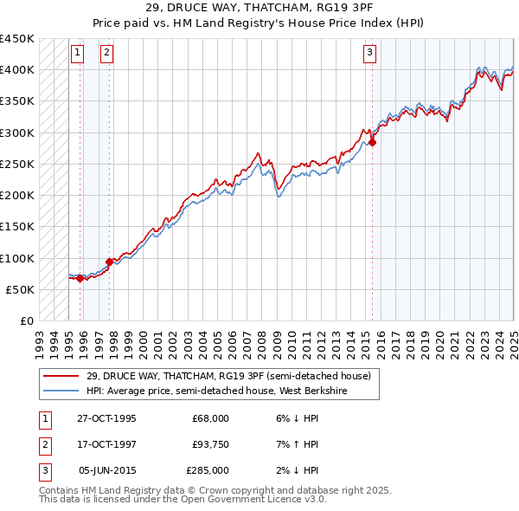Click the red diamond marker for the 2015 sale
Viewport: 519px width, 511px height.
[372, 143]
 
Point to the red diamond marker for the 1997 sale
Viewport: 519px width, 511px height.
[110, 262]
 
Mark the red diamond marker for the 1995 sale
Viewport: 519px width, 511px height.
[80, 278]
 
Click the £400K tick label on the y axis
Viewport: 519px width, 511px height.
[16, 70]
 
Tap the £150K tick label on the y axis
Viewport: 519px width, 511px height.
[16, 227]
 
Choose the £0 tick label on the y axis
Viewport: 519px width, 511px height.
[26, 321]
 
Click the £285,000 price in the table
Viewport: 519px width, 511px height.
[208, 470]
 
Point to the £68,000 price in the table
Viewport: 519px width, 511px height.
[210, 418]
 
